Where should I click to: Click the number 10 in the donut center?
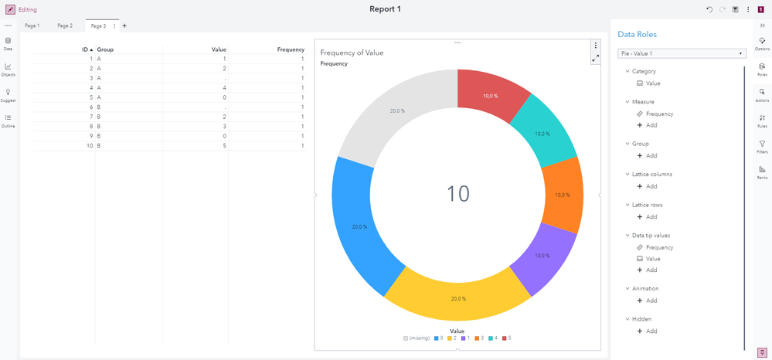(x=457, y=193)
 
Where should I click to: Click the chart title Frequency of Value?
(x=352, y=53)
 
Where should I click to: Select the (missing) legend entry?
(x=417, y=338)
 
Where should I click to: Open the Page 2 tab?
(x=65, y=25)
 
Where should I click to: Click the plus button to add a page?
(x=124, y=25)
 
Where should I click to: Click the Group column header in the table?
(x=105, y=49)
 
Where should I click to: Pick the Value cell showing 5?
(x=224, y=145)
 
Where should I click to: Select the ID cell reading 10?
(x=89, y=145)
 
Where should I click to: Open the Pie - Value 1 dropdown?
(x=682, y=53)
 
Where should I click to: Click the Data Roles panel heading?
(x=637, y=35)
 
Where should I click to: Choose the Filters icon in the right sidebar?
(x=762, y=146)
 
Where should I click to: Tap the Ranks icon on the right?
(x=762, y=172)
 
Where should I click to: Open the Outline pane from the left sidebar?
(x=8, y=120)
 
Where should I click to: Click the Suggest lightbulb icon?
(x=8, y=94)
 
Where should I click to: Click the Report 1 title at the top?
(x=385, y=9)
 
